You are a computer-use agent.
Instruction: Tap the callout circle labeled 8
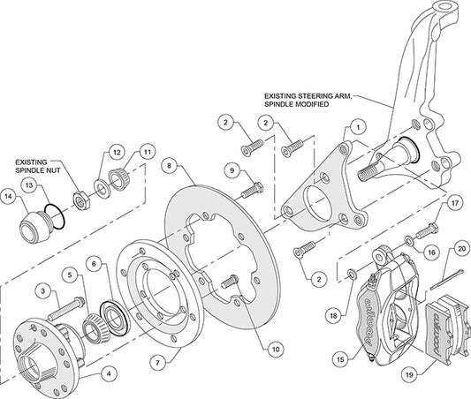click(169, 164)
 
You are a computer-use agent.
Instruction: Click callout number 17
click(455, 201)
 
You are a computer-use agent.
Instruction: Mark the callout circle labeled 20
click(460, 247)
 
